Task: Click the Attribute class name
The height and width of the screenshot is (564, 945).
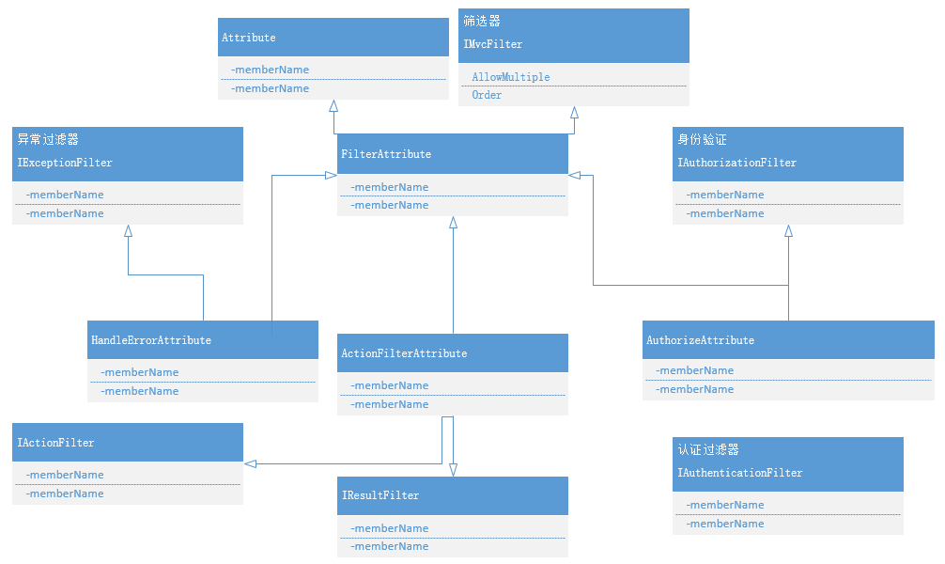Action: [248, 38]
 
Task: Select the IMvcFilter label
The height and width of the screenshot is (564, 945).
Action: [492, 44]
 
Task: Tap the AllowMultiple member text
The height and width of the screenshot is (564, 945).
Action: [510, 77]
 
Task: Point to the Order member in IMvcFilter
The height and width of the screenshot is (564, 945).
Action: [487, 95]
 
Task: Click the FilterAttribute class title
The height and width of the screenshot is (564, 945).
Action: [386, 154]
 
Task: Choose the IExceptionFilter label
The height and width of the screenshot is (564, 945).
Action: [65, 163]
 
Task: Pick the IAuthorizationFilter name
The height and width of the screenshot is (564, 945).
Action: [736, 163]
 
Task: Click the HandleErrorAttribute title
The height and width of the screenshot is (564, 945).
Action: [150, 340]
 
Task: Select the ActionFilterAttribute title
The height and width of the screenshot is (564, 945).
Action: [404, 353]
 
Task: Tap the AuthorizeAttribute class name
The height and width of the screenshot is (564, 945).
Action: [700, 340]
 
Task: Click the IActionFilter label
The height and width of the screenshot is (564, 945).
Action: [55, 443]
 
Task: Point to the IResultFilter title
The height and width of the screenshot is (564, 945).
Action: [380, 495]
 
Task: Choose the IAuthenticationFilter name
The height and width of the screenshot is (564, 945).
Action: [739, 473]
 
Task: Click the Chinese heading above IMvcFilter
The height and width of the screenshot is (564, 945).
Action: [482, 21]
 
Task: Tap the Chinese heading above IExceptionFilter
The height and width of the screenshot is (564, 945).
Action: [48, 139]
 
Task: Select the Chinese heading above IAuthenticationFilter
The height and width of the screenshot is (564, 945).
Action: [708, 449]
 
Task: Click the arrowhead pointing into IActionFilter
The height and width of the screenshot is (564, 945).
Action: [250, 463]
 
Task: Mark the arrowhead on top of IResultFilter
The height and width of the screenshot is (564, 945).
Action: [453, 470]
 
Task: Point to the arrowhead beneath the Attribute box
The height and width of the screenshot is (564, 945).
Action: [333, 106]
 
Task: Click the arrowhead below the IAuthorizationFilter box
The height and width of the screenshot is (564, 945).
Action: [788, 231]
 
